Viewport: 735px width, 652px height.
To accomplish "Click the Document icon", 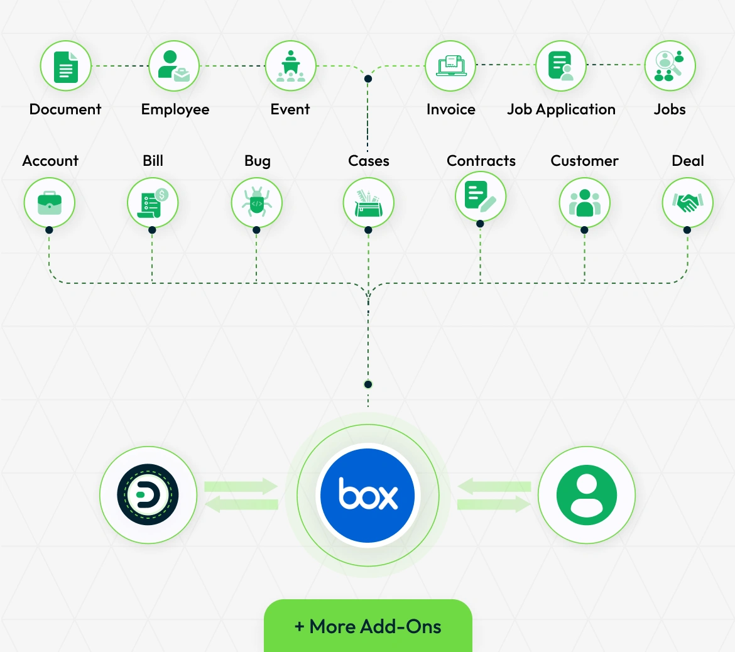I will tap(66, 66).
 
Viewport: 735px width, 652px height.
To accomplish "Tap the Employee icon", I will tap(174, 66).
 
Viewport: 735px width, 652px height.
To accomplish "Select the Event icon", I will tap(290, 66).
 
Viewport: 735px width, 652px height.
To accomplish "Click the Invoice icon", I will tap(450, 66).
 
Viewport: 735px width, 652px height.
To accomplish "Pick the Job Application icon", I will tap(561, 66).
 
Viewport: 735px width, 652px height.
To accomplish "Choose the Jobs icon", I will tap(670, 66).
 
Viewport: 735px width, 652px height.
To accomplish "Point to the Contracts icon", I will tap(481, 197).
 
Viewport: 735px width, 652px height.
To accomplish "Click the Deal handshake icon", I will tap(687, 203).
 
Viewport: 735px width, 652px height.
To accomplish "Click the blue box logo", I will tap(367, 495).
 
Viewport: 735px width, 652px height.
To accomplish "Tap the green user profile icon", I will tap(587, 495).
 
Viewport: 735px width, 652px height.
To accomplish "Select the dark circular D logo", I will tap(148, 495).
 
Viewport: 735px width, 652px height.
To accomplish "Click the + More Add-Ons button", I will tap(367, 626).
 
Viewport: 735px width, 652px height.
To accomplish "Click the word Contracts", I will tap(481, 161).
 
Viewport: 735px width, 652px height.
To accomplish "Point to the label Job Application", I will tap(561, 109).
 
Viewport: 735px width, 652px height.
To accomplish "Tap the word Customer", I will tap(584, 161).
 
